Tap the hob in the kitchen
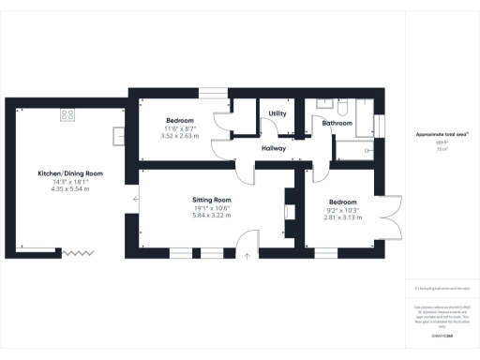pyautogui.click(x=67, y=114)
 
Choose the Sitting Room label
pyautogui.click(x=211, y=200)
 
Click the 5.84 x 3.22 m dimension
pyautogui.click(x=211, y=216)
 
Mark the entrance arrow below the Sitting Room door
pyautogui.click(x=247, y=252)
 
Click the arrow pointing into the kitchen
pyautogui.click(x=137, y=198)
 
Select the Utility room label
pyautogui.click(x=277, y=113)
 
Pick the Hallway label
pyautogui.click(x=273, y=148)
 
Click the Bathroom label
pyautogui.click(x=337, y=123)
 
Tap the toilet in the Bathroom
pyautogui.click(x=344, y=107)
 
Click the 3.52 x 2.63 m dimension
pyautogui.click(x=181, y=136)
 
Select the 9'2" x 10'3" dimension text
pyautogui.click(x=342, y=209)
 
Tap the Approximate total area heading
pyautogui.click(x=442, y=134)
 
